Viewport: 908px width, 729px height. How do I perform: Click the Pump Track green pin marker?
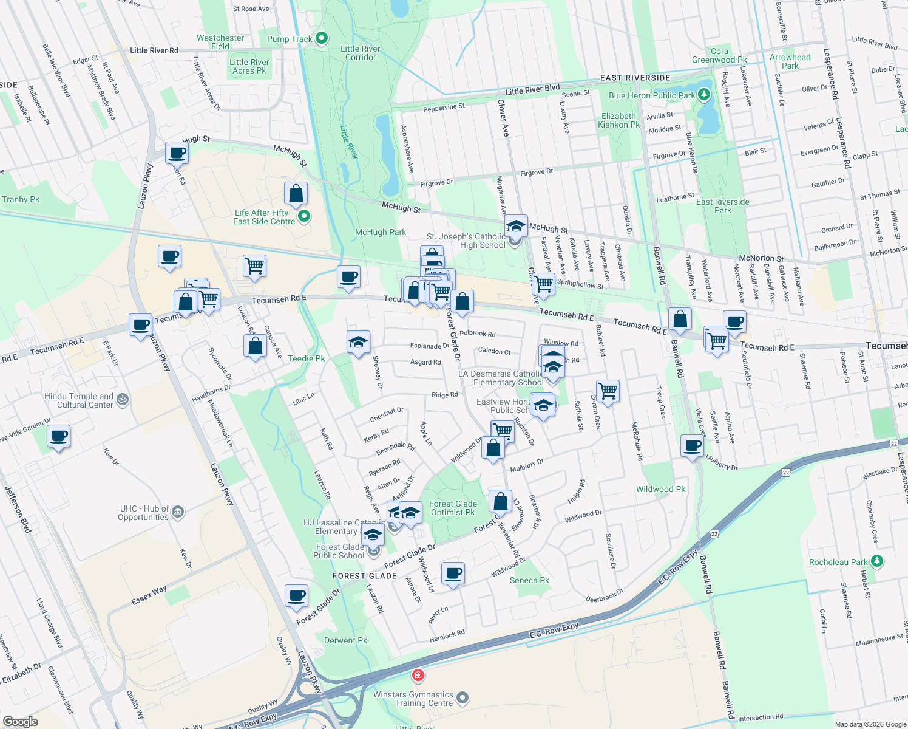pos(322,38)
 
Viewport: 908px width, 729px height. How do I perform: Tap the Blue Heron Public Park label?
pos(651,95)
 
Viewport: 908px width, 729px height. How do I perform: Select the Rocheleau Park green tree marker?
pos(876,561)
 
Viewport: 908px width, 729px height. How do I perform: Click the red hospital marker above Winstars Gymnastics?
pos(418,675)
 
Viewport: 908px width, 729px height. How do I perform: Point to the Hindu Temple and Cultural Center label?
pos(79,400)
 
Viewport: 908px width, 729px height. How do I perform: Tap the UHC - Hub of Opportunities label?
pos(143,513)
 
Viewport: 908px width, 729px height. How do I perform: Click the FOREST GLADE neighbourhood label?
pos(364,575)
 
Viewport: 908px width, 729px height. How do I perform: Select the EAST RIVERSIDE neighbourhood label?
pos(635,78)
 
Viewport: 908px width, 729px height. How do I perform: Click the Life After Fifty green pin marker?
pos(304,216)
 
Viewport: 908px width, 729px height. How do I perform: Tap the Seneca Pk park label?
pos(529,580)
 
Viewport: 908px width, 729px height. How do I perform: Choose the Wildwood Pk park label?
pos(660,489)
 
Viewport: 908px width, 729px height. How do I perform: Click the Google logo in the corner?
pos(20,721)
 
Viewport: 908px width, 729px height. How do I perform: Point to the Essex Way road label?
pos(149,596)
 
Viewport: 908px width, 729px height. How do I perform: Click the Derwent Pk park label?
pos(345,640)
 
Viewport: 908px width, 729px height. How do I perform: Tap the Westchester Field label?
pos(220,42)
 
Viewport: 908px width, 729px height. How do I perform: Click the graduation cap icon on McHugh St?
pos(515,226)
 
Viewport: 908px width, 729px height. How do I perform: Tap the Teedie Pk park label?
pos(306,358)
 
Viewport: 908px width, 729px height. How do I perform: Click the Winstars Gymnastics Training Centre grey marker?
pos(462,698)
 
